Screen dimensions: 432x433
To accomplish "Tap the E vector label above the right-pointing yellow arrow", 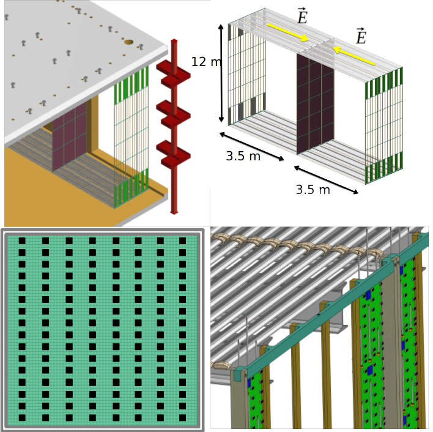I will [x=302, y=17].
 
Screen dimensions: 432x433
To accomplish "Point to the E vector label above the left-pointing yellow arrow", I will [x=361, y=37].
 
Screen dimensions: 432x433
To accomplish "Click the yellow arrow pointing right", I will [x=287, y=32].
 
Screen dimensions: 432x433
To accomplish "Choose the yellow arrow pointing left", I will [x=354, y=56].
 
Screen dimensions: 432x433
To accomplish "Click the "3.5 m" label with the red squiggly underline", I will [x=313, y=190].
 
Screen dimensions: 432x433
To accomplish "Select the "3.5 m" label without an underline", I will [x=243, y=156].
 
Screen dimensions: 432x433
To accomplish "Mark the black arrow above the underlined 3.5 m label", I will [x=325, y=180].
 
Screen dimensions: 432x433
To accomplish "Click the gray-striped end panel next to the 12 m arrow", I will [x=247, y=73].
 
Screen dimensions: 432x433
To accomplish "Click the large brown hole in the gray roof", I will [x=128, y=42].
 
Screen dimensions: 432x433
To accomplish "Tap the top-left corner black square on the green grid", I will [x=21, y=241].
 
